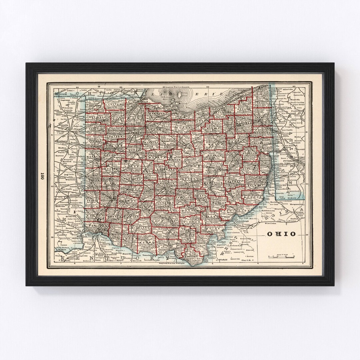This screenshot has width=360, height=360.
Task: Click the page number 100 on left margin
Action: pyautogui.click(x=42, y=177)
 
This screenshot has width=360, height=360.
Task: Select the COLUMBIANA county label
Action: pyautogui.click(x=262, y=143)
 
